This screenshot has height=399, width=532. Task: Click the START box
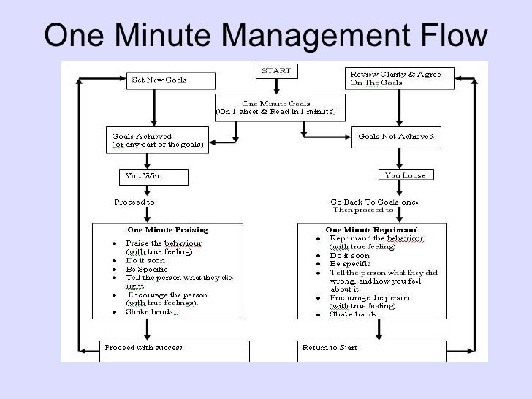276,71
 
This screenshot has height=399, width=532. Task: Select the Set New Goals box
172,80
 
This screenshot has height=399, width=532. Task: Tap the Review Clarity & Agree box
398,78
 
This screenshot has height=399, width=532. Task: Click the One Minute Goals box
280,107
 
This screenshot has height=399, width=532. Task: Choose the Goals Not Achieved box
398,136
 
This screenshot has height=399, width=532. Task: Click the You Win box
153,176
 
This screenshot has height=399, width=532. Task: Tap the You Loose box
404,175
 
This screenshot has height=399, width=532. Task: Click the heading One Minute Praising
168,229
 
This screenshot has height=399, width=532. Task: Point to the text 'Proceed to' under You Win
134,202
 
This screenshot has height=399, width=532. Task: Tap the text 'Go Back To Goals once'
374,202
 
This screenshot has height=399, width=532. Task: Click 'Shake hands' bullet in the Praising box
151,312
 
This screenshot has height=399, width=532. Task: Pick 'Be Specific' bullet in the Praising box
147,269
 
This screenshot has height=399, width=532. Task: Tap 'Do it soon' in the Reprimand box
350,255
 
